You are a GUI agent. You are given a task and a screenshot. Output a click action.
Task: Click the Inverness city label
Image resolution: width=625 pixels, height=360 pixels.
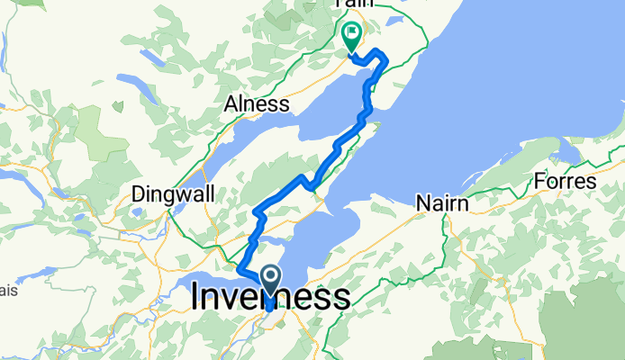point(270,298)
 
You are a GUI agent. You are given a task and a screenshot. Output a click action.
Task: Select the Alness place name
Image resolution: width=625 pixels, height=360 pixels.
point(258,104)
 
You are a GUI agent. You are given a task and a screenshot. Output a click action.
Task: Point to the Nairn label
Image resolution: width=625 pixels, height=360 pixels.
point(442,204)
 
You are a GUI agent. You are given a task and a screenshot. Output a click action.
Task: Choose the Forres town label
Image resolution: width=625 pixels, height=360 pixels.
point(565,181)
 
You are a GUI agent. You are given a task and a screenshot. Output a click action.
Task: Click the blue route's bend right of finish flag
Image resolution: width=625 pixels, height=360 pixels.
point(385,59)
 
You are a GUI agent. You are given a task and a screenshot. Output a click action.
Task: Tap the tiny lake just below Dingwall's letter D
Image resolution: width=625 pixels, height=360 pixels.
point(138,213)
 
